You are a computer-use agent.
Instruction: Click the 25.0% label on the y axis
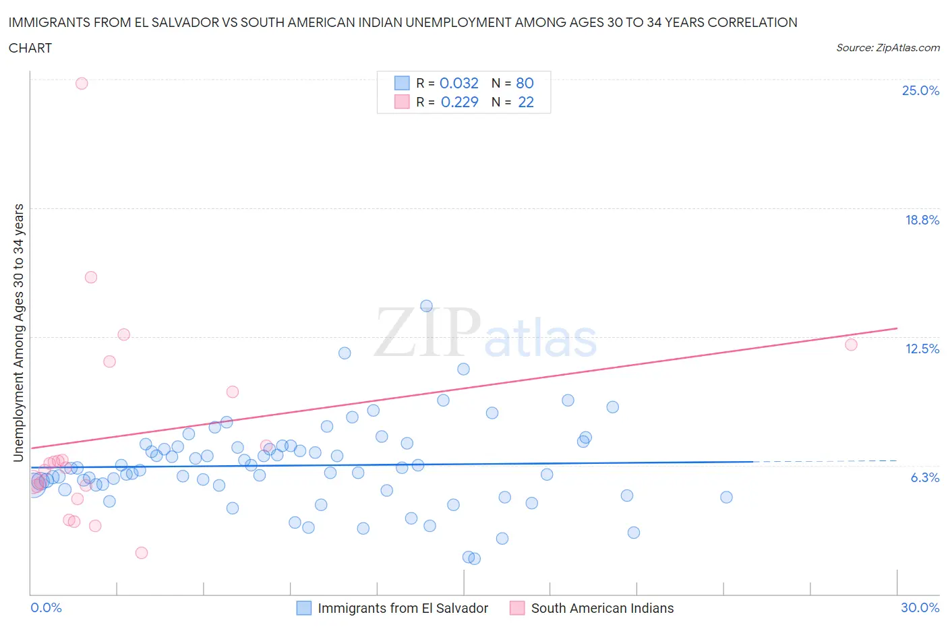tap(920, 91)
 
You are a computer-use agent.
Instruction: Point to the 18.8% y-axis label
tap(922, 220)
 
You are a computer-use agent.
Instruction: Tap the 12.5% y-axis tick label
tap(922, 349)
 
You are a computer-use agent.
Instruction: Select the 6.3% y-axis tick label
tap(924, 477)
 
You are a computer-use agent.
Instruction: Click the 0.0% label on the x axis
tap(46, 607)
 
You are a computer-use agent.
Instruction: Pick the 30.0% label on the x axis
tap(920, 607)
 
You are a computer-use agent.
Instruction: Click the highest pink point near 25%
tap(82, 84)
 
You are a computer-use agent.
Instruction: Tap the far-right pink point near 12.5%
tap(851, 345)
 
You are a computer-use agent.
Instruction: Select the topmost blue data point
tap(426, 306)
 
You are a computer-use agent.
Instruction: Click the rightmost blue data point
tap(726, 497)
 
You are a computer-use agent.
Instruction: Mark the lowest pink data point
tap(142, 553)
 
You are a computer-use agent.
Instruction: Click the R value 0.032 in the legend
tap(458, 83)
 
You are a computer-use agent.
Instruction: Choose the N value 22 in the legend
tap(526, 102)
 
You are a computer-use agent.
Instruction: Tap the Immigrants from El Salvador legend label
tap(403, 608)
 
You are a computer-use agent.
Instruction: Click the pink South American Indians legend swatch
tap(517, 608)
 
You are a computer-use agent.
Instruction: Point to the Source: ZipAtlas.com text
tap(887, 48)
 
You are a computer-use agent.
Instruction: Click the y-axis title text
tap(18, 332)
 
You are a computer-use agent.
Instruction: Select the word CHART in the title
tap(30, 48)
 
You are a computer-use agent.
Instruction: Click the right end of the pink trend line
tap(897, 328)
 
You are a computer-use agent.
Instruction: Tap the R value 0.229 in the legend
tap(459, 102)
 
